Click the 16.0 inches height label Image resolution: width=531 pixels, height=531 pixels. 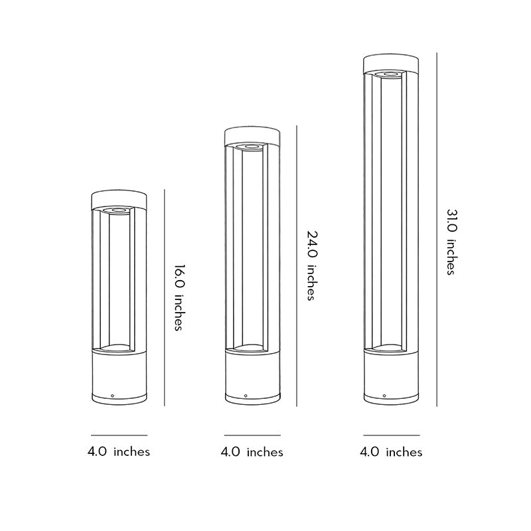click(x=178, y=298)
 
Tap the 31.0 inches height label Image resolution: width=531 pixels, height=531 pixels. click(x=451, y=242)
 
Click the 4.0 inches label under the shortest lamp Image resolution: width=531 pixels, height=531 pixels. click(x=119, y=452)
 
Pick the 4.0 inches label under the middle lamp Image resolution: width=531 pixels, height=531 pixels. click(x=252, y=452)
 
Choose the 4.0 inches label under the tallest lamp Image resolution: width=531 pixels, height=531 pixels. click(x=391, y=452)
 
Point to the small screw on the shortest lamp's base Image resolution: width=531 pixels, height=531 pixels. click(x=112, y=396)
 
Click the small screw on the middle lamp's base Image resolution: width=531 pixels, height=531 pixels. click(x=246, y=396)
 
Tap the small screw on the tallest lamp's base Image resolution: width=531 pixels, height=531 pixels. click(x=382, y=396)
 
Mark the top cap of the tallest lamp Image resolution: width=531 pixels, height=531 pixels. click(x=391, y=64)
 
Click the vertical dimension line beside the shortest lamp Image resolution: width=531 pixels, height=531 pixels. click(x=164, y=298)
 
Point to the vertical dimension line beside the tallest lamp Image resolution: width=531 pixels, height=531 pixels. click(x=437, y=229)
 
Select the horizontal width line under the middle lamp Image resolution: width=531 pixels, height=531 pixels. click(x=252, y=435)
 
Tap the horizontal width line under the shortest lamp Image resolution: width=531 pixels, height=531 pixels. click(x=119, y=435)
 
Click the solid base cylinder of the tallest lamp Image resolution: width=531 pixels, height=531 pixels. click(x=391, y=376)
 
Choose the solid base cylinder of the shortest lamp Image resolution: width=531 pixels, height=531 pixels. click(x=119, y=376)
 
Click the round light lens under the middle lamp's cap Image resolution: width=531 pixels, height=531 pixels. click(x=252, y=146)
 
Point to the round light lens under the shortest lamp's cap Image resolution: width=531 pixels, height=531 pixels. click(x=119, y=210)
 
